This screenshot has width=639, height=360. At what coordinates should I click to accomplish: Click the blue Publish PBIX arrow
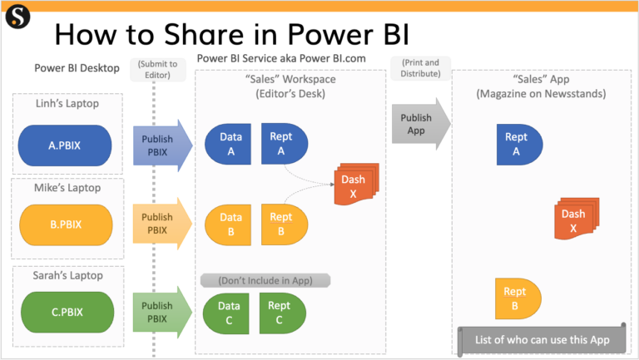(159, 144)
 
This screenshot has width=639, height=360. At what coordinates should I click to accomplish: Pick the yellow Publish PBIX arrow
(159, 224)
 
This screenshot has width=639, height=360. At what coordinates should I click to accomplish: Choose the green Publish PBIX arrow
(159, 312)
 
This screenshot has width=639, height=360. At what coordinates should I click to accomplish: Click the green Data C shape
(226, 312)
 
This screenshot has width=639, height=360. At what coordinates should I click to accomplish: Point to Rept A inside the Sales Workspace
(282, 144)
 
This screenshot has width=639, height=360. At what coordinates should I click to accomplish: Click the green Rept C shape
(282, 312)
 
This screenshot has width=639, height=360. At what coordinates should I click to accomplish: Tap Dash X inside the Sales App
(576, 220)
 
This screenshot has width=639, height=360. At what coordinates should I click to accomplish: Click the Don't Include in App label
(266, 280)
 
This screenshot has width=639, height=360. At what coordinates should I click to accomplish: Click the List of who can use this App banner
(541, 339)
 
